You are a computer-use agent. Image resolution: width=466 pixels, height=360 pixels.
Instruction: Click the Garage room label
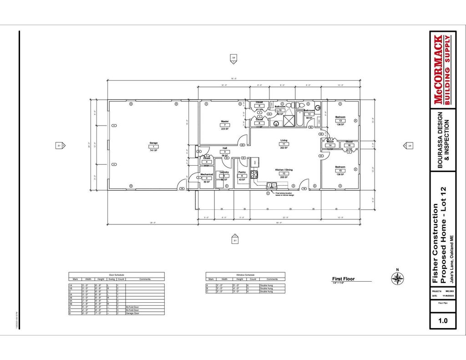click(153, 143)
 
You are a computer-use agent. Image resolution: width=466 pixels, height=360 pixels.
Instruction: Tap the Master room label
click(225, 122)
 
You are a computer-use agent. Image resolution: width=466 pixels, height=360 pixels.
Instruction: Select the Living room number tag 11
click(284, 144)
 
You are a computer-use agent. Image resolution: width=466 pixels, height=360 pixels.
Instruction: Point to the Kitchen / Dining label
click(284, 170)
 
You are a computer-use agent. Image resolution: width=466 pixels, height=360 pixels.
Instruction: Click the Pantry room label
click(242, 172)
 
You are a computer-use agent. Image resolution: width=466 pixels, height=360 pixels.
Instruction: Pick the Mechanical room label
click(207, 174)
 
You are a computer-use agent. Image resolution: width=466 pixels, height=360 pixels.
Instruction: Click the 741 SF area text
click(153, 150)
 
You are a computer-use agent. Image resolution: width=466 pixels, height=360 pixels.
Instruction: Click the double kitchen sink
click(272, 185)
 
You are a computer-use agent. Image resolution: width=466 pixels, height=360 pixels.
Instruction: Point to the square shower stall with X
click(289, 121)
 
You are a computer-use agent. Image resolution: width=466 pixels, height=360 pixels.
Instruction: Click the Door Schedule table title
click(116, 275)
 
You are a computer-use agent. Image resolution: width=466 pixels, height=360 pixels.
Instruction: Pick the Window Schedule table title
click(245, 275)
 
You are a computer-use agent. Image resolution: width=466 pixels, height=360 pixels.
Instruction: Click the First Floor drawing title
click(343, 279)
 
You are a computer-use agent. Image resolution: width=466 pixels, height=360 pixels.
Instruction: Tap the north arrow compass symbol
click(397, 278)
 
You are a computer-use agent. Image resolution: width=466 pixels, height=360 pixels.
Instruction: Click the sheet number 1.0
click(442, 320)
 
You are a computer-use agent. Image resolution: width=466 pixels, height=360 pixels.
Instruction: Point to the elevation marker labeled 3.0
click(233, 58)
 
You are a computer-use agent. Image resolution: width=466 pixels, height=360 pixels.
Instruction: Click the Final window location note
click(285, 194)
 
